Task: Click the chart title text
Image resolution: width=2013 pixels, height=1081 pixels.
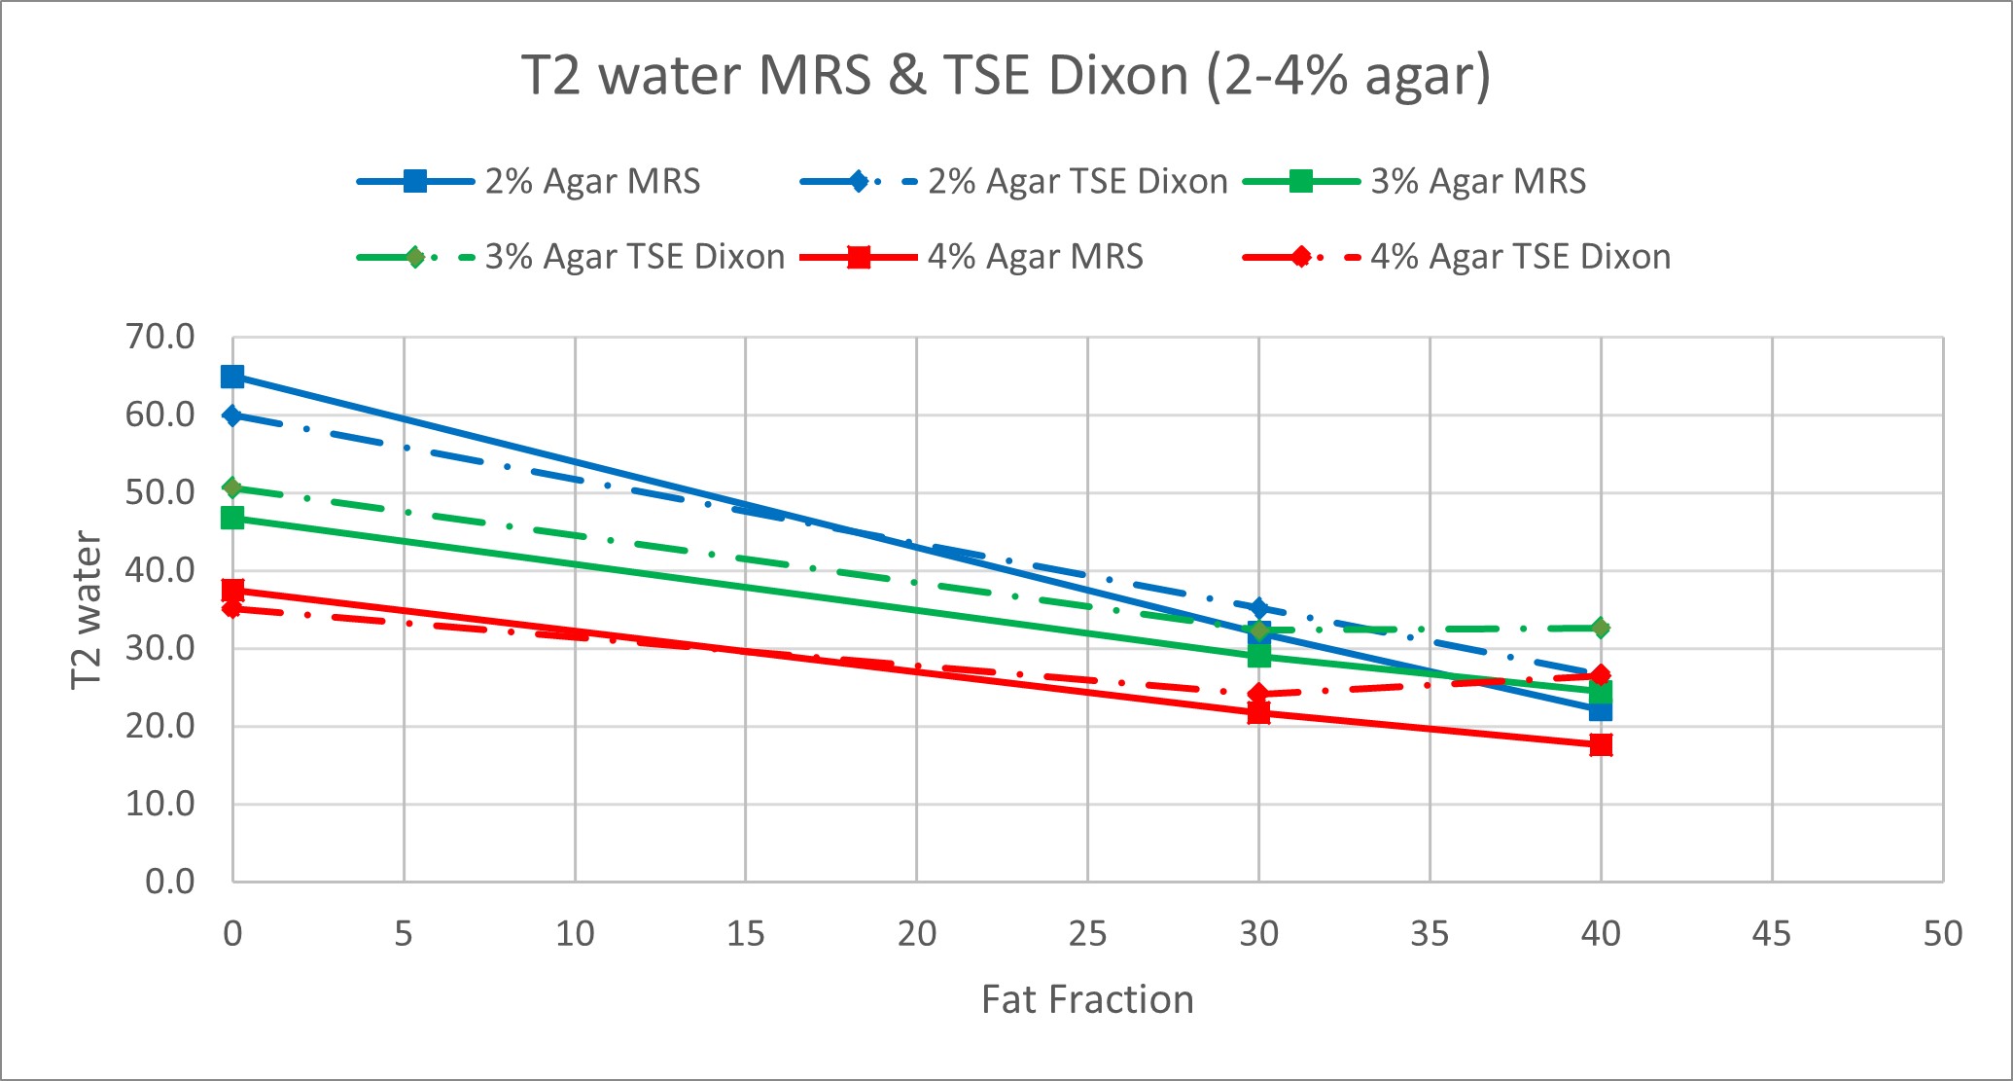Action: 1006,76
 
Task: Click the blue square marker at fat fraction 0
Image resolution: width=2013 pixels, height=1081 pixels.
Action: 232,377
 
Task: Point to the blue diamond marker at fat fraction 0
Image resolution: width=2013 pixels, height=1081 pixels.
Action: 232,415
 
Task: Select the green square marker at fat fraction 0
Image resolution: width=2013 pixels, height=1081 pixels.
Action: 232,518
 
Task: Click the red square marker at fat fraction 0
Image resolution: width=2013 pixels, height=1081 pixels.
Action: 232,590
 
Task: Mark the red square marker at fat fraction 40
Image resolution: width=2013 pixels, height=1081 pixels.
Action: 1601,745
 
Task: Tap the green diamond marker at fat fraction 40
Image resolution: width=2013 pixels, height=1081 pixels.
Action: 1601,628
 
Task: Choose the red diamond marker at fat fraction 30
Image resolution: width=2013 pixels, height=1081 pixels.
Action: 1258,694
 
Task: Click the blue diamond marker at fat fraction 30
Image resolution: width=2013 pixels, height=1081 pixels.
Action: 1258,609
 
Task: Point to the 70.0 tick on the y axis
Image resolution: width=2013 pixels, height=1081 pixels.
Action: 160,338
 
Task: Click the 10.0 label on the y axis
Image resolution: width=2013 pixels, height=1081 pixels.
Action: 160,805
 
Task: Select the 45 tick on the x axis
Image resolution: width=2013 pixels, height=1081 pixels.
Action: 1772,934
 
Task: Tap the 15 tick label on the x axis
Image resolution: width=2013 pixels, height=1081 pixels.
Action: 746,934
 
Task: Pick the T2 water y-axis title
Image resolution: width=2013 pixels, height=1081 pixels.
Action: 87,610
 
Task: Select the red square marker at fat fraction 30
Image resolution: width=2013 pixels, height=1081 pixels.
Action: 1258,713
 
